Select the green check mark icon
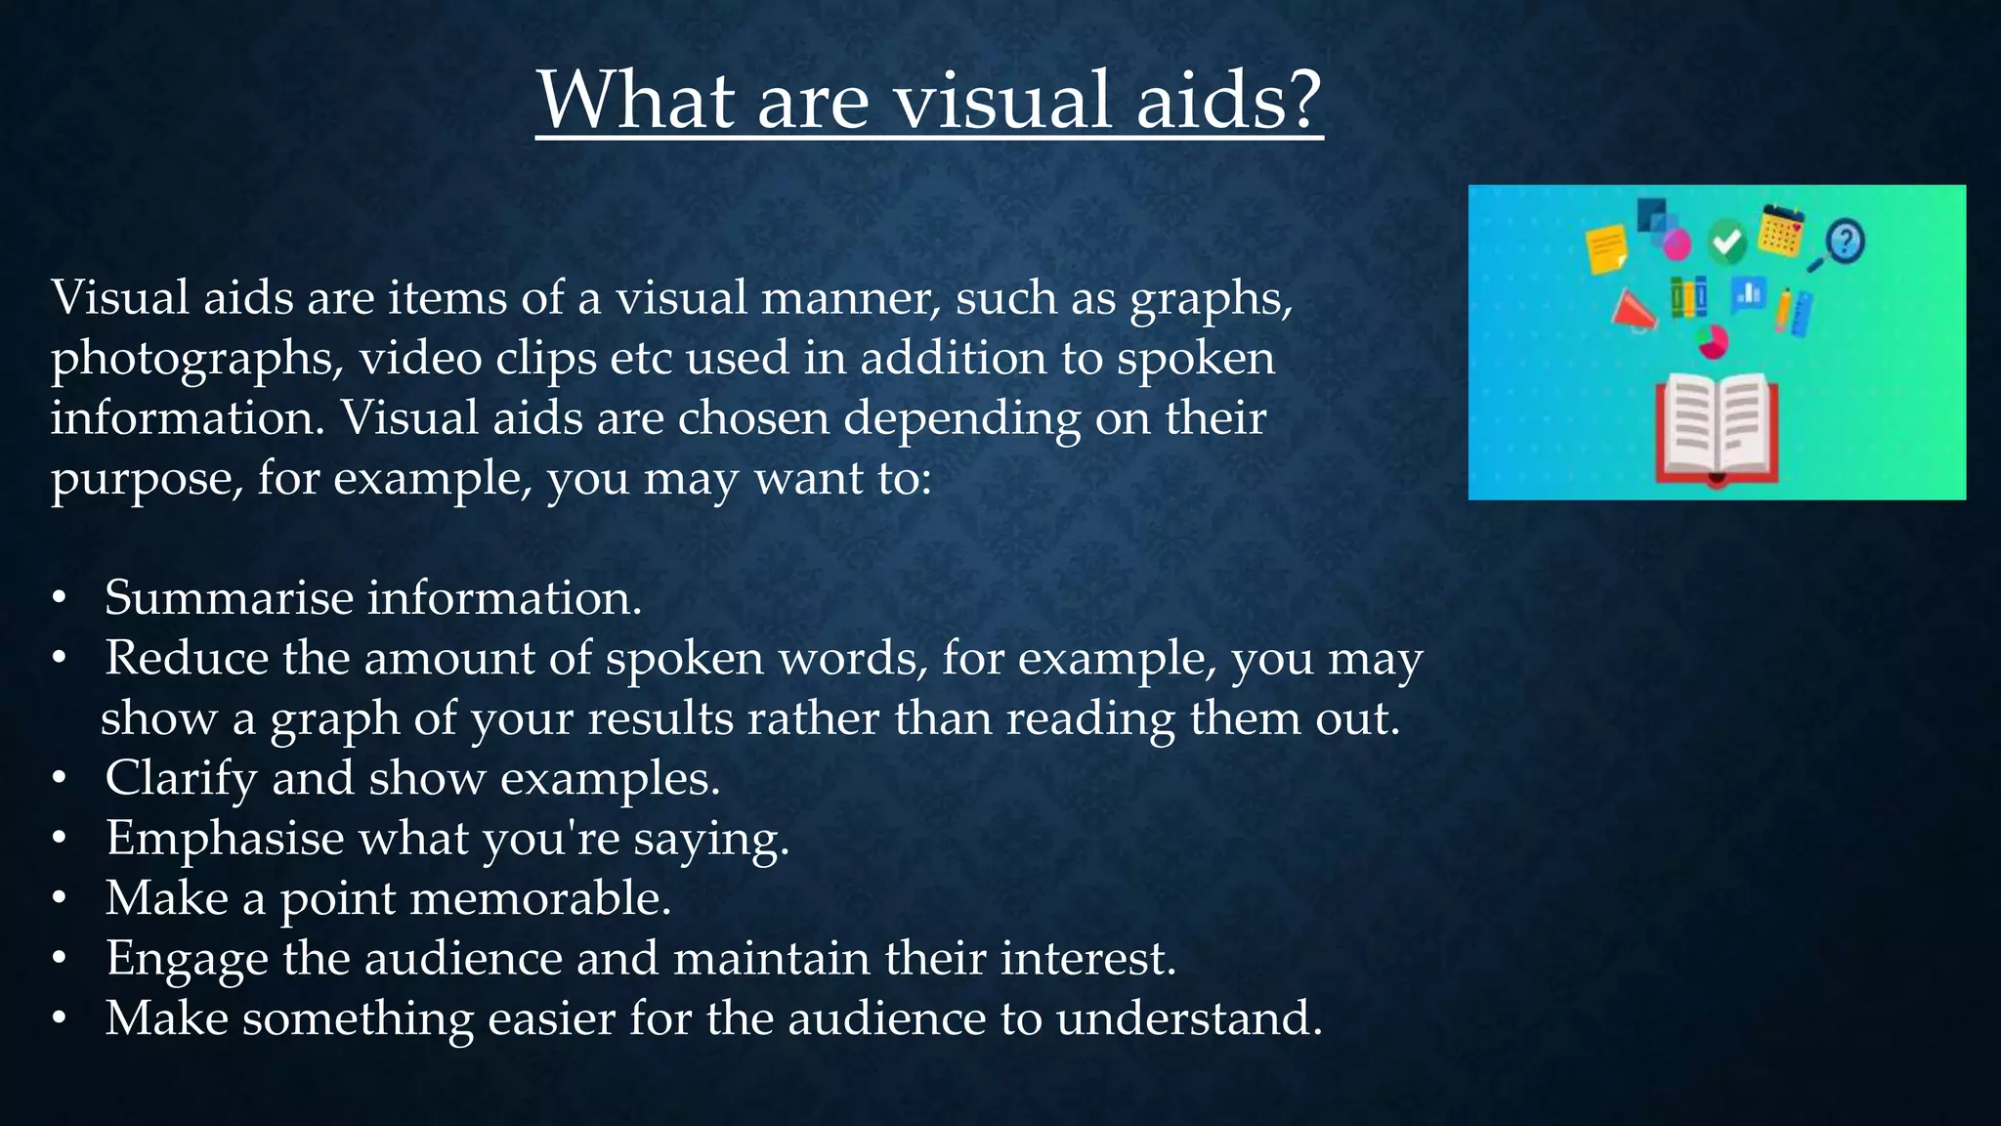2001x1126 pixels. click(1727, 240)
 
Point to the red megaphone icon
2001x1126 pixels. click(1633, 311)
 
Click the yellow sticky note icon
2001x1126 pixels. click(1606, 248)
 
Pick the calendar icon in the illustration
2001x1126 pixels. click(1781, 231)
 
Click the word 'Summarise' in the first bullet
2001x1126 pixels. click(229, 597)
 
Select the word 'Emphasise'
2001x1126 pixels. click(225, 839)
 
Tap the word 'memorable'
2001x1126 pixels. click(538, 898)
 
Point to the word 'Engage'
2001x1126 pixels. click(187, 960)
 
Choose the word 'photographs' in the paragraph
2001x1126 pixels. click(195, 360)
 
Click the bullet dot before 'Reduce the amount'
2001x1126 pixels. click(60, 658)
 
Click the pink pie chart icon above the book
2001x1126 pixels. click(1712, 340)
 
